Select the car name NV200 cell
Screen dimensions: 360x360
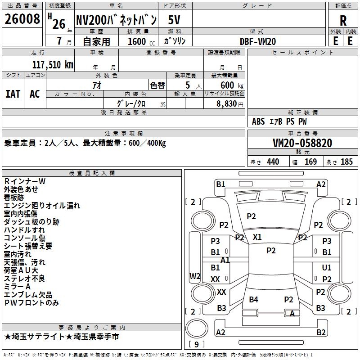116,20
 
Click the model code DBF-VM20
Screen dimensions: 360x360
258,41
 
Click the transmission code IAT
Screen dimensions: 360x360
13,94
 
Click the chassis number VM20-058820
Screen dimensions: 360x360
302,143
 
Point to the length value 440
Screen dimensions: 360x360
273,162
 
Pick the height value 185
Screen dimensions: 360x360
346,162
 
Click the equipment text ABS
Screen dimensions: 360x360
258,121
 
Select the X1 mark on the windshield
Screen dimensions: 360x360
257,237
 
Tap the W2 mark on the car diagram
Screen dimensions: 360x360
195,276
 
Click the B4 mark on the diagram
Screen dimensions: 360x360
254,299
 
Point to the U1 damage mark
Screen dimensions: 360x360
327,268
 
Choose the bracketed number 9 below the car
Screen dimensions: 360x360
196,345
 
